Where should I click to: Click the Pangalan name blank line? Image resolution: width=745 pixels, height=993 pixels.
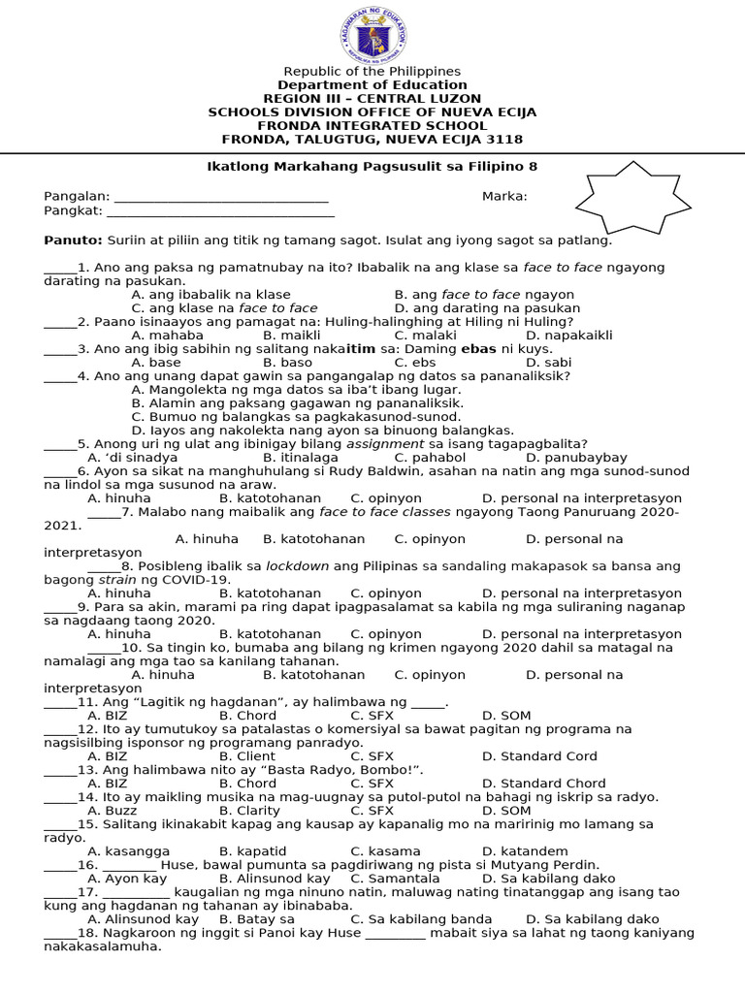221,198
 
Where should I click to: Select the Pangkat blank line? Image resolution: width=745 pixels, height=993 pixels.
220,211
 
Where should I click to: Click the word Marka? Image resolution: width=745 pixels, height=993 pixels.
504,197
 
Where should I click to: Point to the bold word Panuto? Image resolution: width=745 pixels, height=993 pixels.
73,240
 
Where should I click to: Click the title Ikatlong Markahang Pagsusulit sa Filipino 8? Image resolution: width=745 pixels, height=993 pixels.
372,167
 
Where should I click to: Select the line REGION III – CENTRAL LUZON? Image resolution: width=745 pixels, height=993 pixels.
372,99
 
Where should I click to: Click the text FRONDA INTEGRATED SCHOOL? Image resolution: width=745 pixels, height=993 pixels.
372,126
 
